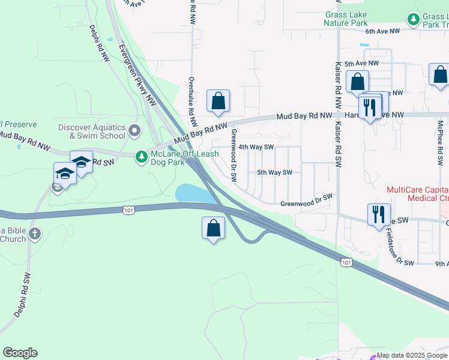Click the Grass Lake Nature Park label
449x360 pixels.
click(x=345, y=19)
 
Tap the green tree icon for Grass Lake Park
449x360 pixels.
click(x=413, y=19)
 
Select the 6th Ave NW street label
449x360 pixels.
click(x=382, y=31)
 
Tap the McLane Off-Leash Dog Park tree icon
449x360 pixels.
click(x=141, y=157)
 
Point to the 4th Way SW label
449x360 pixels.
click(x=256, y=146)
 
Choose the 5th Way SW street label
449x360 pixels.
click(x=274, y=173)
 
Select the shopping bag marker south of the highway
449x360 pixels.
click(x=213, y=229)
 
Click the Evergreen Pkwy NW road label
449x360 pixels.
click(x=137, y=75)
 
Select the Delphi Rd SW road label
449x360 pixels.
click(x=22, y=295)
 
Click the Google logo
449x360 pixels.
click(x=20, y=353)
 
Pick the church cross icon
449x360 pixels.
click(x=35, y=233)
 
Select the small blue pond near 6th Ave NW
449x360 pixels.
click(x=364, y=44)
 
